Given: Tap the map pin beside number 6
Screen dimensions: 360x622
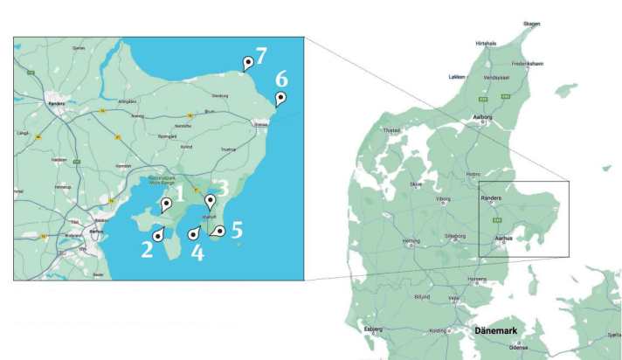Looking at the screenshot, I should (280, 99).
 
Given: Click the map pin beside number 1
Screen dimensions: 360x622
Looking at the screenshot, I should (166, 205).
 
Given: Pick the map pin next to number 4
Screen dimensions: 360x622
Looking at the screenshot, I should (194, 234).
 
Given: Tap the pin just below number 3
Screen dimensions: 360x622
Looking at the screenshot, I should (210, 202).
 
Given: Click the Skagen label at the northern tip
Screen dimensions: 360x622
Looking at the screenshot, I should (532, 24).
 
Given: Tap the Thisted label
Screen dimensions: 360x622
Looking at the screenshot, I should (391, 131).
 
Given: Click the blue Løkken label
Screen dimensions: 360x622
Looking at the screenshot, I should (458, 77).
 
